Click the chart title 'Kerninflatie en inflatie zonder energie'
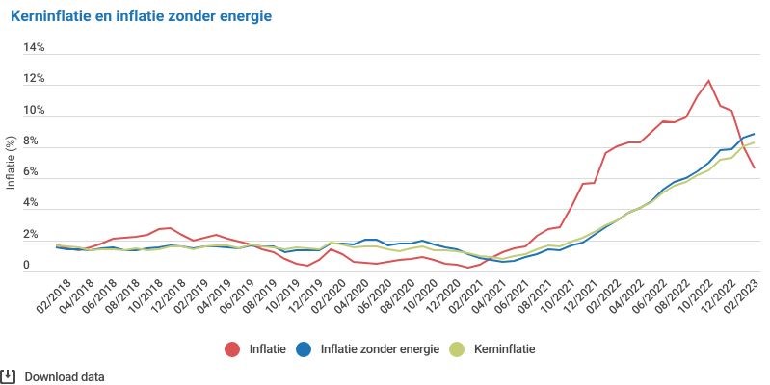141,16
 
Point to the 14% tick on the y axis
34,47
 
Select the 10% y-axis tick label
34,110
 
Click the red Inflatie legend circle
232,349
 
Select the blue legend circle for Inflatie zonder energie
305,349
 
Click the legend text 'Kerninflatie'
505,349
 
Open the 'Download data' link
65,377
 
